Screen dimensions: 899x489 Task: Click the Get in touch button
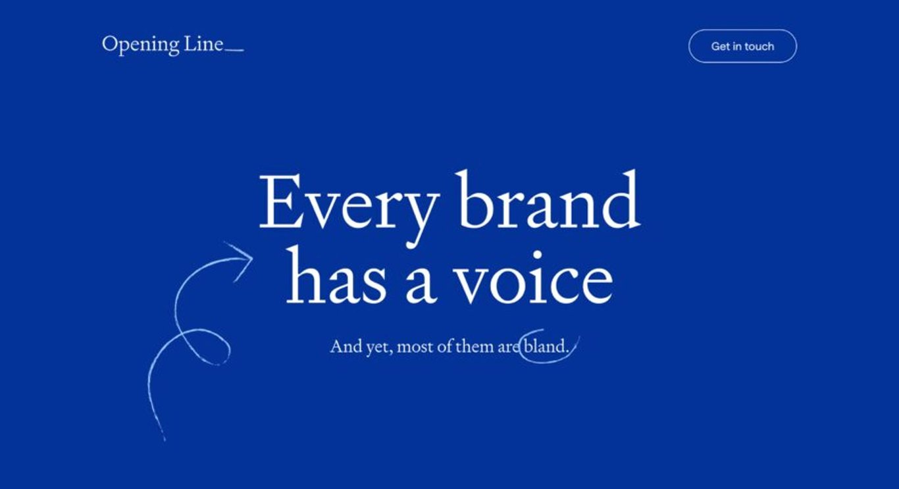(742, 46)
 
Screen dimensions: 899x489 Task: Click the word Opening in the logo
(140, 45)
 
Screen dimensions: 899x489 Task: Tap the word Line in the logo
(203, 43)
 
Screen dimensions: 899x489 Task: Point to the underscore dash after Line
(235, 50)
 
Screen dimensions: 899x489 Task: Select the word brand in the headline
(548, 199)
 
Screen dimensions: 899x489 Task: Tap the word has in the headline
(336, 274)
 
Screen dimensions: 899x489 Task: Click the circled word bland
(546, 346)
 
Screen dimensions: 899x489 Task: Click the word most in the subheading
(415, 347)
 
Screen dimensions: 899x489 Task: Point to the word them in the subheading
(475, 346)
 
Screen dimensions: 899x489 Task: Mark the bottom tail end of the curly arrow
(165, 440)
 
